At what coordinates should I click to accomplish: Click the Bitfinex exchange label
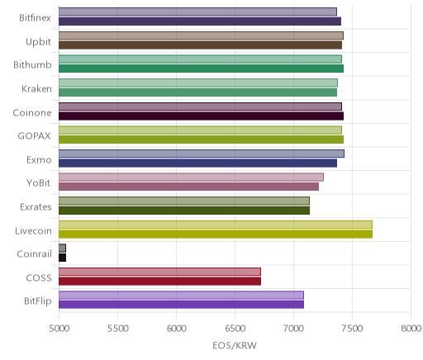click(35, 18)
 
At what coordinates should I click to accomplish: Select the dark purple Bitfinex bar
click(200, 21)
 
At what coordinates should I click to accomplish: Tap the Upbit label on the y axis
click(38, 42)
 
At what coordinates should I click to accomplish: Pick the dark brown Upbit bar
click(200, 45)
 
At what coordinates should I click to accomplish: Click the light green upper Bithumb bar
click(200, 59)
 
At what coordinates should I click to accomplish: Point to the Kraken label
click(36, 89)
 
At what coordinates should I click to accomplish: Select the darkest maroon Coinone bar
click(201, 116)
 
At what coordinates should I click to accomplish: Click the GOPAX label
click(34, 136)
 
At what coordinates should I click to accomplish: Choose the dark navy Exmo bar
click(197, 163)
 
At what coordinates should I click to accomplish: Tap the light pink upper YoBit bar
click(191, 178)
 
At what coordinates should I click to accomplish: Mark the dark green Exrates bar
click(184, 211)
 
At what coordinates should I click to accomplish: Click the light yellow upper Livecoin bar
click(216, 225)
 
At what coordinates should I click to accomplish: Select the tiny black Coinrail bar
click(62, 258)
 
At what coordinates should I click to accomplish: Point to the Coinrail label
click(34, 254)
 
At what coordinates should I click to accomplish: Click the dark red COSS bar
click(159, 282)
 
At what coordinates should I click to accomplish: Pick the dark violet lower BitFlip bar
click(181, 305)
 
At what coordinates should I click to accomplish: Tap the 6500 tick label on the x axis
click(235, 329)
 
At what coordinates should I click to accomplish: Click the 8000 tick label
click(411, 329)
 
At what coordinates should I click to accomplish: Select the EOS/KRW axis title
click(235, 346)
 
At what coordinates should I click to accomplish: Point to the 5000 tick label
click(59, 329)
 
